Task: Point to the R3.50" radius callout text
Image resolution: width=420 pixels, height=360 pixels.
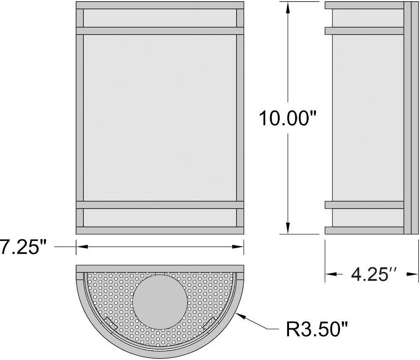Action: click(317, 329)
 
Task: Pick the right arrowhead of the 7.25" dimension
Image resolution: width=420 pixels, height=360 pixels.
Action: click(238, 247)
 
